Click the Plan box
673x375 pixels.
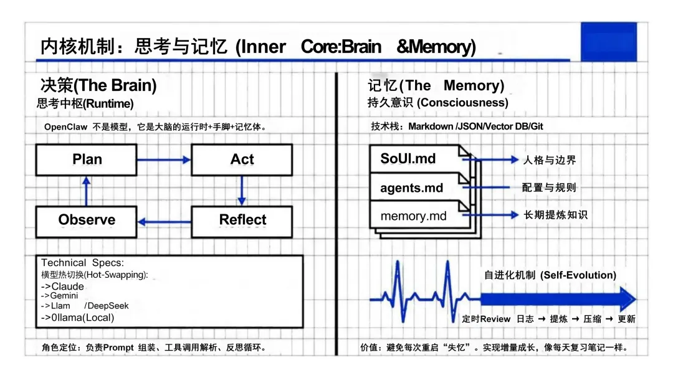coord(86,159)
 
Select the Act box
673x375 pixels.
coord(241,159)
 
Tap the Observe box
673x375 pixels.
coord(86,220)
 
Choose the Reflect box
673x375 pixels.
coord(241,220)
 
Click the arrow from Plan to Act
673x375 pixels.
coord(163,160)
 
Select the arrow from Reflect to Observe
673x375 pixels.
coord(163,221)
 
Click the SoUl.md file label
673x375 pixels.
coord(408,158)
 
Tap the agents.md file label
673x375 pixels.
coord(411,187)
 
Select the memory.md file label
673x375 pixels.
coord(413,216)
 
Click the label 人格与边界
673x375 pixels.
coord(548,160)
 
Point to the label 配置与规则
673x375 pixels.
coord(548,187)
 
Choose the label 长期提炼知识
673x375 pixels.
coord(554,215)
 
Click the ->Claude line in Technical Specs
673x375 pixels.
coord(62,287)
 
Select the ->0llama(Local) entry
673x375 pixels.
coord(78,318)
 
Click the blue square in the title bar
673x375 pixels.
coord(608,41)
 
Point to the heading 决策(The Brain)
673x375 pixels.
coord(98,85)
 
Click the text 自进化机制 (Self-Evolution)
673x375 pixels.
coord(550,275)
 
